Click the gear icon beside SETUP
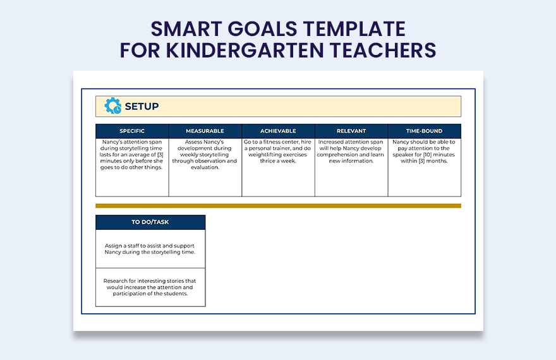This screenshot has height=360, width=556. click(x=113, y=106)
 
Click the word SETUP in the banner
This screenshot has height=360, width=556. click(x=142, y=107)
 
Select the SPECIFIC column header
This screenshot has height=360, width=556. click(x=132, y=131)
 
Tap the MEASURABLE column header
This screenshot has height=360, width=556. click(x=205, y=131)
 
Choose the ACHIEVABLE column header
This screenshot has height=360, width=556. click(x=278, y=131)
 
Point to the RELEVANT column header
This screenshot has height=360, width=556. click(x=351, y=131)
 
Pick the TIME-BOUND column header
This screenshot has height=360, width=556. click(x=425, y=131)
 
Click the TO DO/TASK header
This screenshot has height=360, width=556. click(x=150, y=222)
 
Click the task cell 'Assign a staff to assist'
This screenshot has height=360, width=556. click(x=150, y=249)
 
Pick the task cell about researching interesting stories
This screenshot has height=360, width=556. click(x=150, y=287)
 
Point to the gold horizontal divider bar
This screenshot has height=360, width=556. click(x=278, y=206)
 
